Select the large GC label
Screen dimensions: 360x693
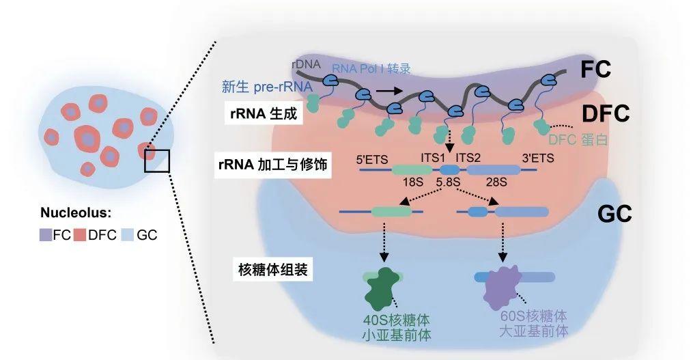pos(614,213)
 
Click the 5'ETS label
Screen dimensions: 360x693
pos(372,159)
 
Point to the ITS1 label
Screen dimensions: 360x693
pos(432,158)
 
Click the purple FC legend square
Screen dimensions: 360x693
pos(46,235)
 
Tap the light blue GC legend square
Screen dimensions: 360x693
pos(126,235)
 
